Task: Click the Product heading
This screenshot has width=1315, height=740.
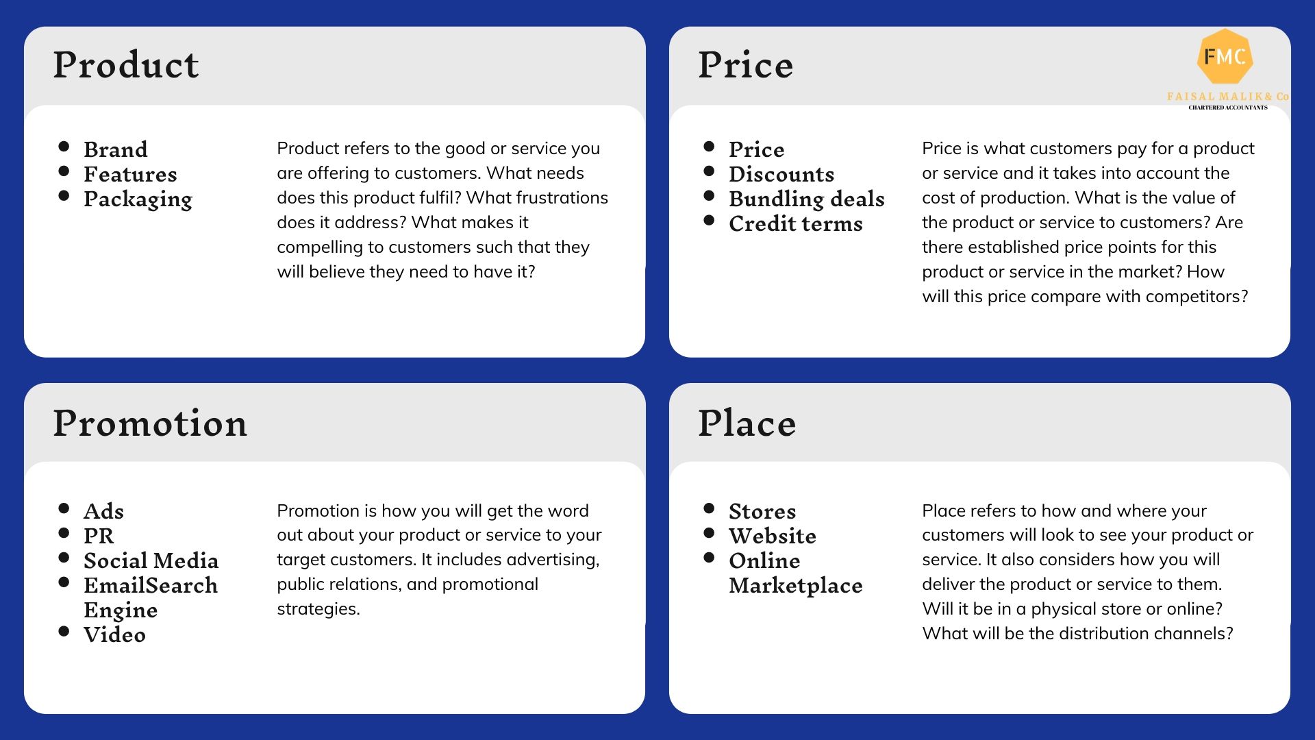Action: (126, 65)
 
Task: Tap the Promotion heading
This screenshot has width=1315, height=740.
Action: (150, 423)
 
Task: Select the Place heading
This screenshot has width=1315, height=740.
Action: (747, 423)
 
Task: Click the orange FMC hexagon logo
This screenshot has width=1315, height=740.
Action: (1225, 57)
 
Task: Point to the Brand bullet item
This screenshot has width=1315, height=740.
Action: (116, 149)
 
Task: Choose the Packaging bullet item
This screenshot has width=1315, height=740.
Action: (138, 199)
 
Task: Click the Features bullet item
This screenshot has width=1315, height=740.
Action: (130, 174)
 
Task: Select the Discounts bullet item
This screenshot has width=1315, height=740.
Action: (781, 174)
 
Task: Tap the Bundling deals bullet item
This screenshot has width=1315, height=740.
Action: (807, 199)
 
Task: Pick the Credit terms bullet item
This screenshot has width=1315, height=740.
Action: (796, 223)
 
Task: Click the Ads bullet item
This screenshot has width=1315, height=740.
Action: (103, 511)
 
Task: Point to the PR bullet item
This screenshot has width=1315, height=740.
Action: (99, 536)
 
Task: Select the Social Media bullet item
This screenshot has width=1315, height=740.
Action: (151, 560)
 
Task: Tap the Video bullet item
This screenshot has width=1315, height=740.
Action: (114, 634)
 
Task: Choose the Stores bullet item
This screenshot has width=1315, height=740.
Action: (762, 511)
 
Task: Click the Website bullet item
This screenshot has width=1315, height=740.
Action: (773, 536)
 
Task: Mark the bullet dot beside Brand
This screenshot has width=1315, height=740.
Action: (64, 146)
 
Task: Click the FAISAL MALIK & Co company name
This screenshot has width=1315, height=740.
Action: (1228, 97)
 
